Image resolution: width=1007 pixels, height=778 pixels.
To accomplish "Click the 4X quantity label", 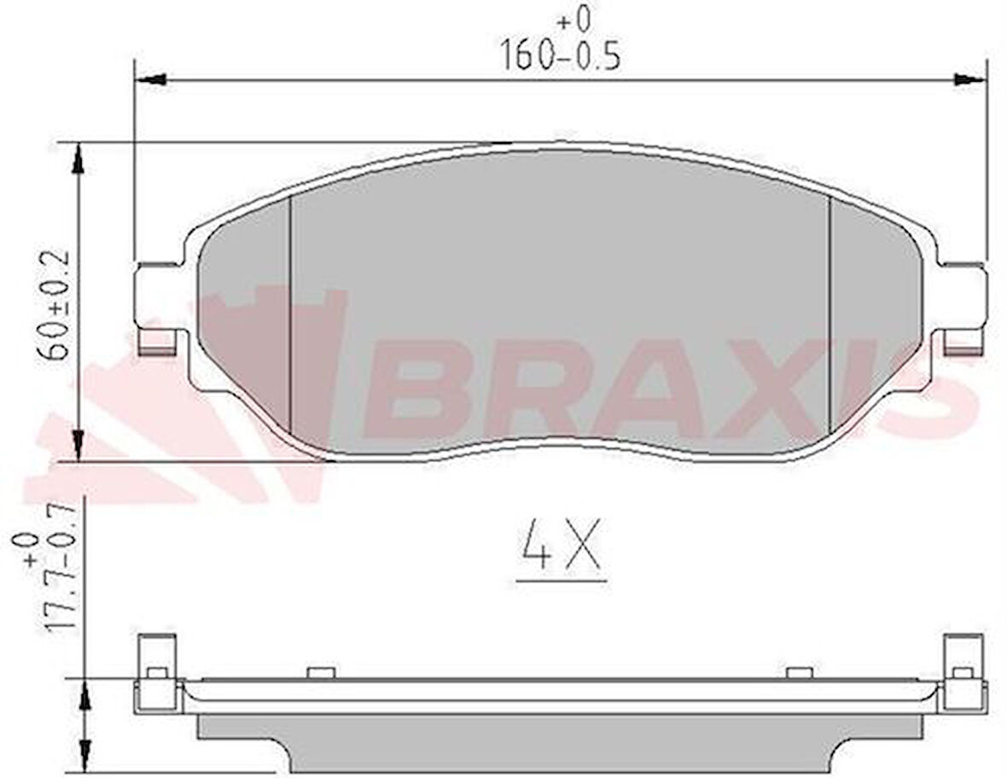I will pyautogui.click(x=561, y=547).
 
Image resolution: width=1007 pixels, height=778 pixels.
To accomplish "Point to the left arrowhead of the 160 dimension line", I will pyautogui.click(x=150, y=79).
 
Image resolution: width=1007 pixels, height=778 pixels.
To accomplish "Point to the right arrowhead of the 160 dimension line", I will pyautogui.click(x=969, y=79).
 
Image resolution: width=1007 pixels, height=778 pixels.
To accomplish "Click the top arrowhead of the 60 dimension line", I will pyautogui.click(x=78, y=158).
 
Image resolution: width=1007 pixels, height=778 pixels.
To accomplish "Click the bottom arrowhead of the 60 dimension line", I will pyautogui.click(x=78, y=445).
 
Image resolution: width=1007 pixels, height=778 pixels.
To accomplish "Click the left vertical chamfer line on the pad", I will pyautogui.click(x=291, y=316).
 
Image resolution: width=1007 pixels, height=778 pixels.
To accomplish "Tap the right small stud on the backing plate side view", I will pyautogui.click(x=798, y=673).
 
